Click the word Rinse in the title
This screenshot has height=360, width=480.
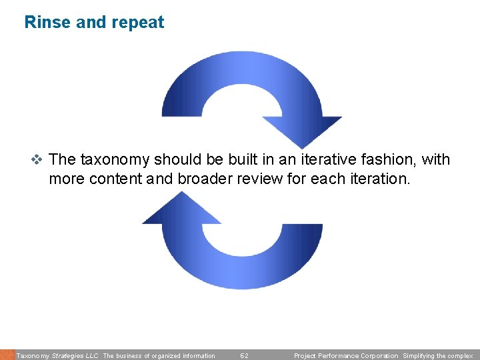(x=47, y=23)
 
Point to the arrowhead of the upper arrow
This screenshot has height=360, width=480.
(x=301, y=130)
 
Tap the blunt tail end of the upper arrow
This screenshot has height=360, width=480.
(x=181, y=113)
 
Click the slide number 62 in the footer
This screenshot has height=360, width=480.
(x=244, y=356)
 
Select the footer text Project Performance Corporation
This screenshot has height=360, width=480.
(x=345, y=356)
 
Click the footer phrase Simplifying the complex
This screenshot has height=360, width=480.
(x=437, y=356)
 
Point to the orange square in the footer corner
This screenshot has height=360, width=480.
(x=7, y=355)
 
